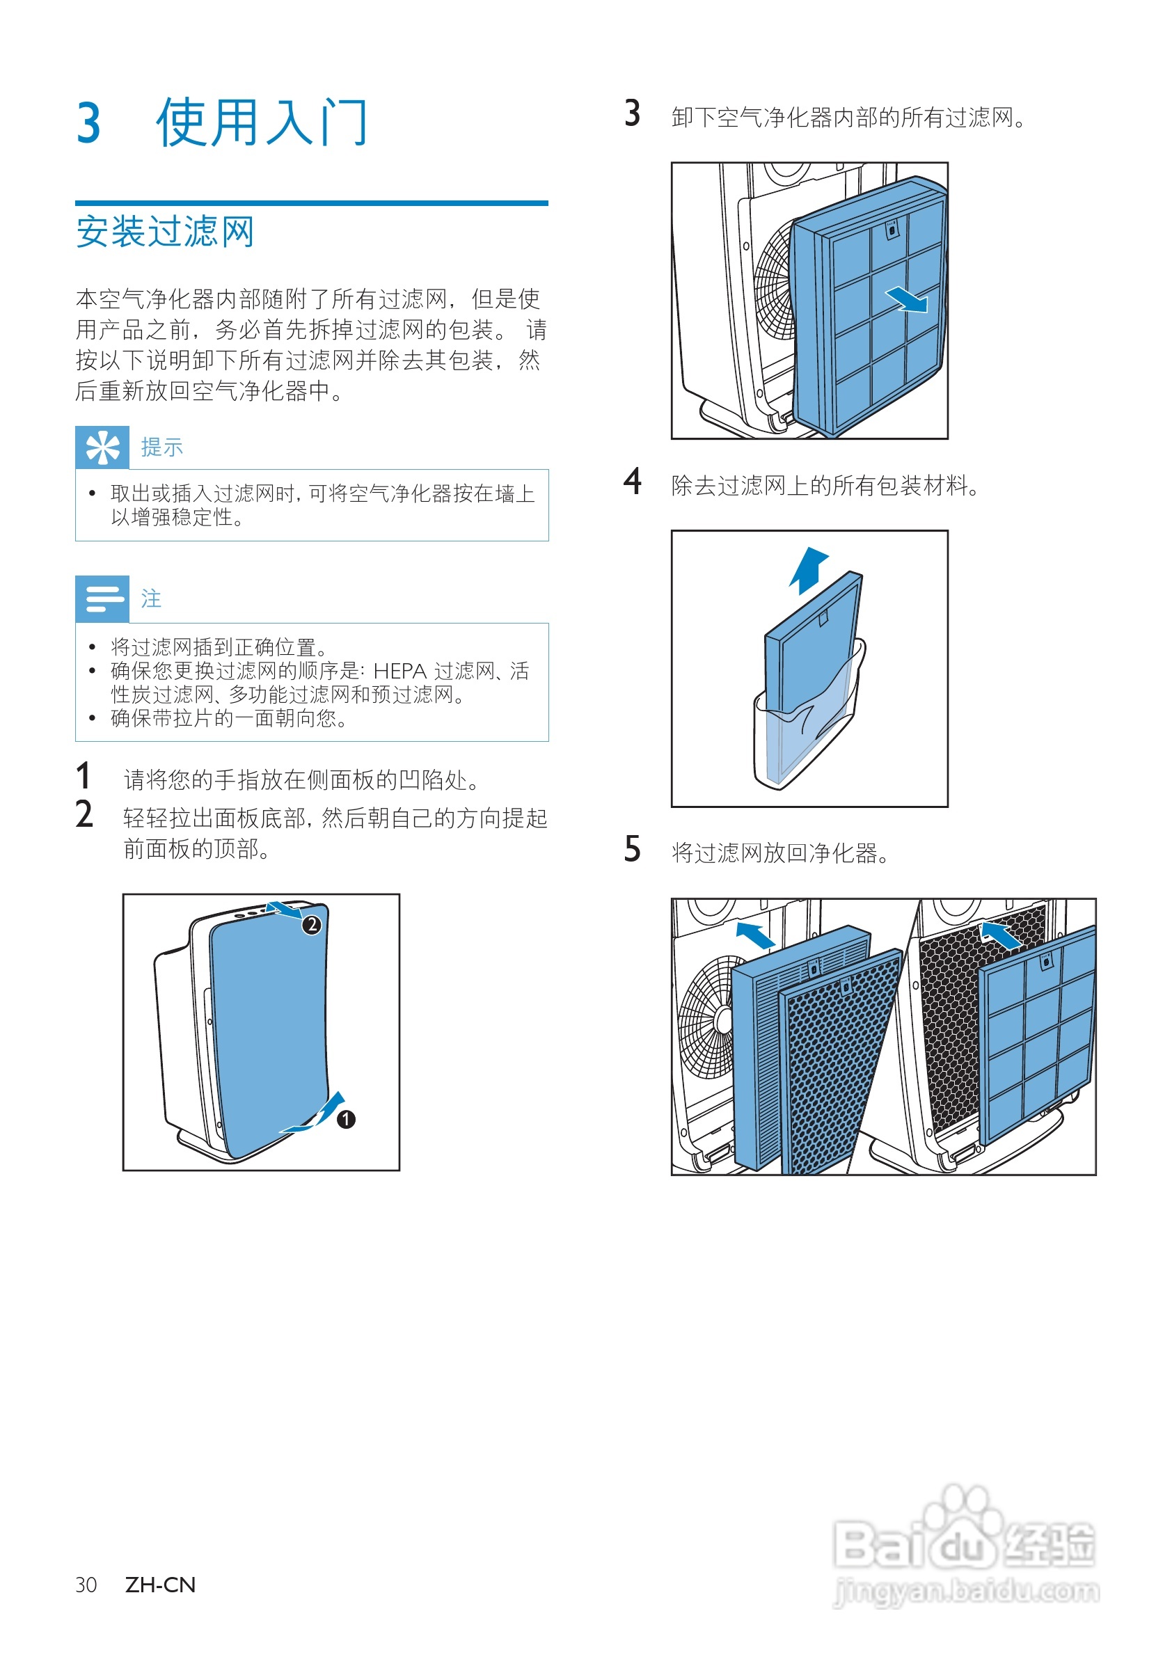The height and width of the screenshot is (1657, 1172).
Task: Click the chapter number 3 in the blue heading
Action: click(x=88, y=123)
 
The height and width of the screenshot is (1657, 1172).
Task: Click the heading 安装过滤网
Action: click(x=164, y=232)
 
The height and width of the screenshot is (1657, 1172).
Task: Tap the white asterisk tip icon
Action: click(x=102, y=447)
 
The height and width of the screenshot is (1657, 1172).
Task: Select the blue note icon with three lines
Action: click(x=102, y=598)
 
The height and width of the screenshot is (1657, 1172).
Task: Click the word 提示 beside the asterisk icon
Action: click(x=161, y=447)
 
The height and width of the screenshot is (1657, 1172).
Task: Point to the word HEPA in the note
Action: click(x=399, y=671)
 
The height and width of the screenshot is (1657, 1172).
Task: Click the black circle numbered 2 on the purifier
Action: click(x=311, y=924)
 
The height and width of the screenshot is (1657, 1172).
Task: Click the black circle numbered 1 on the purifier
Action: click(x=347, y=1118)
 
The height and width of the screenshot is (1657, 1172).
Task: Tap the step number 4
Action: click(x=632, y=482)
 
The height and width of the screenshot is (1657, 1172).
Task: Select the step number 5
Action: click(x=632, y=850)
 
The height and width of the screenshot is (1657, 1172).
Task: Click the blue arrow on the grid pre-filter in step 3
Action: click(x=907, y=299)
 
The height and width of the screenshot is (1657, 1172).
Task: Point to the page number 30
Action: click(x=86, y=1585)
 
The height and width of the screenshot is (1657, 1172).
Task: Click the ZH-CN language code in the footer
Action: click(x=160, y=1585)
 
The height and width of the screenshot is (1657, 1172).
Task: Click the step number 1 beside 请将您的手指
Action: click(x=84, y=777)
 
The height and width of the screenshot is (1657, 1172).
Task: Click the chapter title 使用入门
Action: click(x=261, y=122)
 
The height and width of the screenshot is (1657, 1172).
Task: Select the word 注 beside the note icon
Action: click(x=151, y=598)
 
